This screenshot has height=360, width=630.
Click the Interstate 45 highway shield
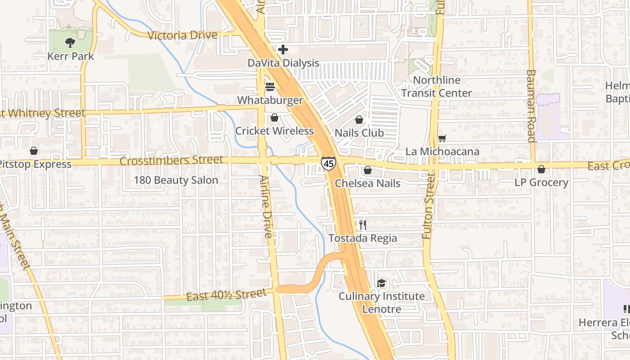point(328,163)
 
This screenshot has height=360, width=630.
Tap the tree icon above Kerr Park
point(70,43)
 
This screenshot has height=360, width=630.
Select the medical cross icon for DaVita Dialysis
point(283,49)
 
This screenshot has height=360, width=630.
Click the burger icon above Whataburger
point(270,86)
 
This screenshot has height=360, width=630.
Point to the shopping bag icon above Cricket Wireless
point(274,118)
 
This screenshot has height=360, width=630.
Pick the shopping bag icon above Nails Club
point(359,120)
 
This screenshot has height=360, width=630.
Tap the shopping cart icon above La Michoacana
point(442,138)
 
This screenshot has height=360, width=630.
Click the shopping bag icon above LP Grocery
point(541,169)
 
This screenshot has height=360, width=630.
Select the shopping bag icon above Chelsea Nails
point(368,170)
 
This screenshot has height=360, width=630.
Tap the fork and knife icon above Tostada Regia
point(363,225)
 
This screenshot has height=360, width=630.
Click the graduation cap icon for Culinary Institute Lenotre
point(382,283)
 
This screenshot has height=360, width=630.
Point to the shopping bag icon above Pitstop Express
point(33,151)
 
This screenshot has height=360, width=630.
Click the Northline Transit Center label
point(436,86)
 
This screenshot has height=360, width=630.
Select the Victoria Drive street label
point(182,35)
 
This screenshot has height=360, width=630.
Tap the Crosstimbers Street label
point(171,160)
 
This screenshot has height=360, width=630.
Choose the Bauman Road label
point(531,106)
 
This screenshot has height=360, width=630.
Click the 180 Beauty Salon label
point(176,180)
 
